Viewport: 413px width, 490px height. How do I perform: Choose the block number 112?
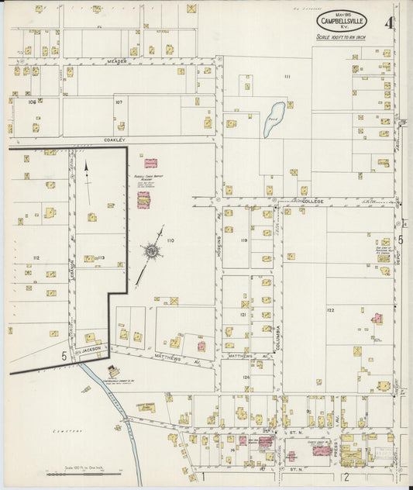(x=36, y=257)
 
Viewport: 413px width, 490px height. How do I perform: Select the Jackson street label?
(x=92, y=349)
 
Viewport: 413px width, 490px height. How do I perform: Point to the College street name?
(x=312, y=200)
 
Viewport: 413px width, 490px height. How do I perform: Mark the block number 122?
(x=329, y=310)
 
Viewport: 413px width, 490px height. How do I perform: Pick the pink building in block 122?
(x=377, y=318)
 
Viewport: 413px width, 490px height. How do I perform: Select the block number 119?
(x=243, y=240)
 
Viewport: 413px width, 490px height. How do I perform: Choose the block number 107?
(x=119, y=102)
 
